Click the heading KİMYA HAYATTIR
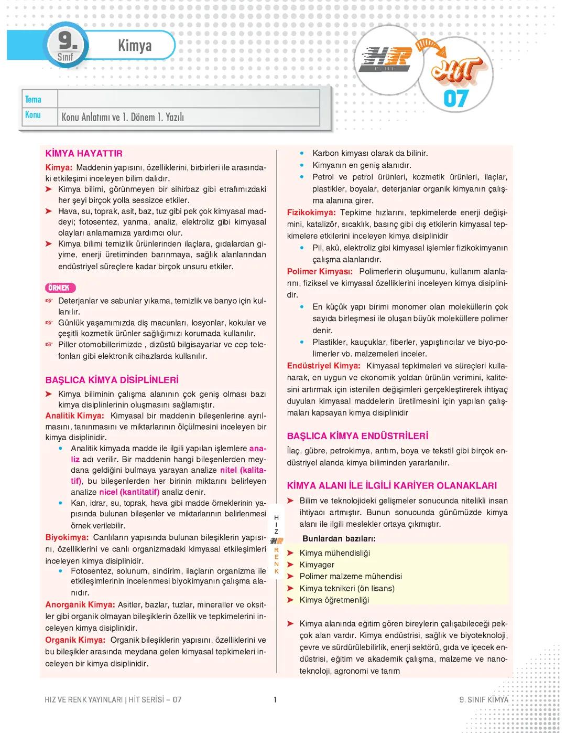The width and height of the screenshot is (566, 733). click(x=84, y=154)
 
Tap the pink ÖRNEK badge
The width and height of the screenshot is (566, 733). click(x=60, y=288)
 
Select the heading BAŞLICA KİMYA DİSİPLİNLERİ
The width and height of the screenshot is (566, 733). click(x=112, y=380)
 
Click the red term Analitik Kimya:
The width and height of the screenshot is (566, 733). click(x=74, y=416)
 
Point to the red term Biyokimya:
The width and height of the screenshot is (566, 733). click(x=67, y=537)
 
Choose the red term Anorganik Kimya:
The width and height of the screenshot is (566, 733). click(x=80, y=604)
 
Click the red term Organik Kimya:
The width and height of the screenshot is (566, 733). click(x=75, y=640)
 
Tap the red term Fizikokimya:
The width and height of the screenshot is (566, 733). click(x=311, y=213)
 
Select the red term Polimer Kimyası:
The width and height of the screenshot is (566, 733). click(x=320, y=271)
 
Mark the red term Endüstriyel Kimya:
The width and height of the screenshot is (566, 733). click(x=323, y=366)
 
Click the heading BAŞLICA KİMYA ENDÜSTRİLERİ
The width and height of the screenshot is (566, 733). click(x=357, y=436)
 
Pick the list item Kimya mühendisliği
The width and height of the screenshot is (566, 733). click(x=334, y=553)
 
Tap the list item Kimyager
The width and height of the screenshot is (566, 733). click(x=317, y=565)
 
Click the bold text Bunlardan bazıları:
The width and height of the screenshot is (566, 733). click(x=339, y=539)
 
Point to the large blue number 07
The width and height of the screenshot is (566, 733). click(x=456, y=99)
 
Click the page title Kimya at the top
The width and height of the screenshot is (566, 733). click(x=135, y=46)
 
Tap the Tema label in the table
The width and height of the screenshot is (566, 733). click(x=33, y=99)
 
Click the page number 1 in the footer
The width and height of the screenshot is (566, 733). click(x=275, y=699)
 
